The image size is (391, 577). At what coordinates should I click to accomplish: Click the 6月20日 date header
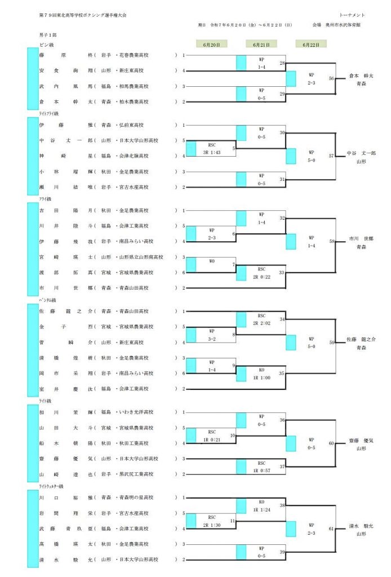click(211, 44)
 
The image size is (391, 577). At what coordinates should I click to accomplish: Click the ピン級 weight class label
click(46, 44)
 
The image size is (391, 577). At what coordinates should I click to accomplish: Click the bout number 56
click(331, 79)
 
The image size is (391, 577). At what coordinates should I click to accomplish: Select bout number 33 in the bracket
click(282, 273)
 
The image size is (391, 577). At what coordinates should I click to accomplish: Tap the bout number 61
click(331, 529)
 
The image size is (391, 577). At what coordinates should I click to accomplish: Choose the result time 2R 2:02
click(261, 323)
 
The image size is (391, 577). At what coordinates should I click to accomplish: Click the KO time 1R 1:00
click(261, 377)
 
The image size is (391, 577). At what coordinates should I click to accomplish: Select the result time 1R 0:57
click(261, 470)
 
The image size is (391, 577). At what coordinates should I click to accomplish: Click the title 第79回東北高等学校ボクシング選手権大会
click(82, 15)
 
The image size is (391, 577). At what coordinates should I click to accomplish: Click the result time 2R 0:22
click(261, 276)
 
